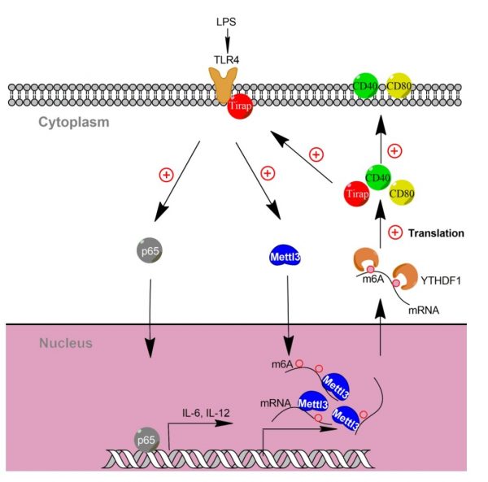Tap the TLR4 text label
pyautogui.click(x=228, y=58)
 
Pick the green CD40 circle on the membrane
pyautogui.click(x=366, y=86)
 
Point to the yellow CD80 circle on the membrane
pyautogui.click(x=399, y=86)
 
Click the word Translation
pyautogui.click(x=437, y=233)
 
